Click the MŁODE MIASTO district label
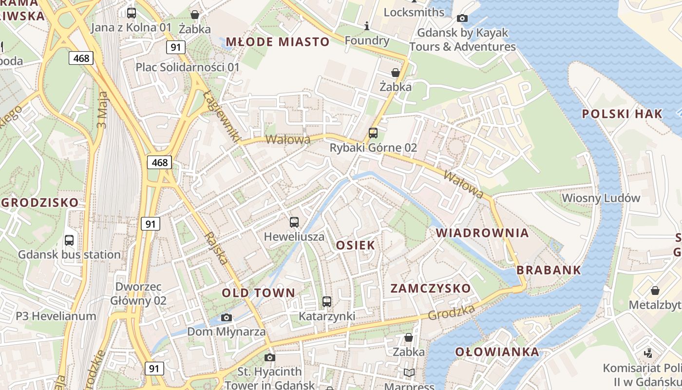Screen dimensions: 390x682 click(278, 42)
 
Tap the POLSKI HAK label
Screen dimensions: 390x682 click(622, 114)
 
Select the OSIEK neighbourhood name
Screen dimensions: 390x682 click(356, 245)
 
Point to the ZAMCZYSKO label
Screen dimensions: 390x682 click(431, 289)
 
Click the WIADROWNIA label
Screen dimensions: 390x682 click(482, 233)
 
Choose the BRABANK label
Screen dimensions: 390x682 click(549, 270)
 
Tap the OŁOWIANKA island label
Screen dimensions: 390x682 click(497, 352)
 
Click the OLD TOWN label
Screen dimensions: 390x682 click(259, 293)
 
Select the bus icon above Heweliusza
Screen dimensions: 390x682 click(294, 222)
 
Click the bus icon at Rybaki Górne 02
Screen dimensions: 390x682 click(373, 133)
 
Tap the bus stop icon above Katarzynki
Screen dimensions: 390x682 click(327, 302)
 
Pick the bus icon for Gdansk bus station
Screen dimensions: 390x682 click(69, 240)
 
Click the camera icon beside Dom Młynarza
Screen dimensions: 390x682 click(226, 318)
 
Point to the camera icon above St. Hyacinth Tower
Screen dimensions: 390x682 click(270, 358)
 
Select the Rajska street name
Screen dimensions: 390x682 click(216, 248)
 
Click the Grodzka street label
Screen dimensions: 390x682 click(451, 312)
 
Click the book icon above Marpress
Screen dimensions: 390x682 click(409, 373)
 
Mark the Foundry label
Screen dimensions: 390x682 click(367, 40)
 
